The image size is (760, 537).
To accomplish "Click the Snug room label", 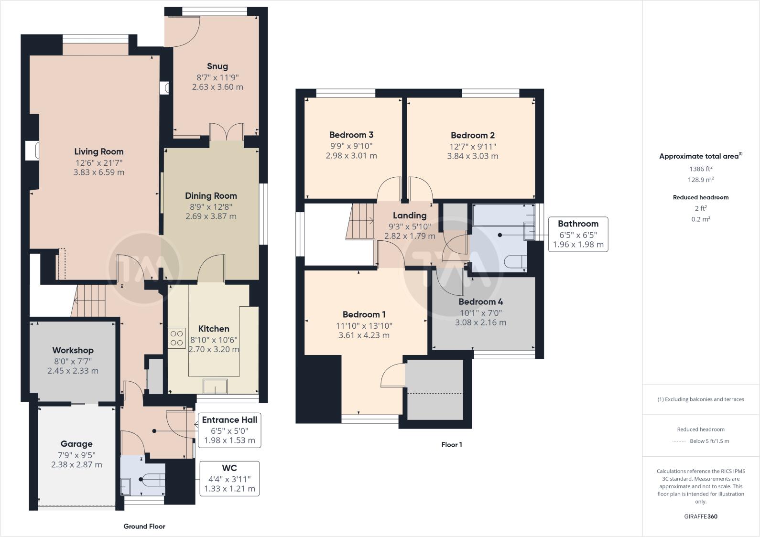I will pyautogui.click(x=217, y=66).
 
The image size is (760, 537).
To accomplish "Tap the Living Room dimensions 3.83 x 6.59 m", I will pyautogui.click(x=99, y=172).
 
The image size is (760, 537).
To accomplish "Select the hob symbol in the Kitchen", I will pyautogui.click(x=176, y=338).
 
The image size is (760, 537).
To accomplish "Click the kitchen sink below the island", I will pyautogui.click(x=215, y=386).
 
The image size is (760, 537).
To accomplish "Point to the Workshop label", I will pyautogui.click(x=73, y=350).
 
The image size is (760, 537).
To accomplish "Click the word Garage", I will pyautogui.click(x=76, y=444).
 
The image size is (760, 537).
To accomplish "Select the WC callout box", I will pyautogui.click(x=229, y=478).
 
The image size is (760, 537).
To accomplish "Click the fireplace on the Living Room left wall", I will pyautogui.click(x=32, y=150).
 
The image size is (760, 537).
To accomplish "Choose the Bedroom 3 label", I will pyautogui.click(x=351, y=135).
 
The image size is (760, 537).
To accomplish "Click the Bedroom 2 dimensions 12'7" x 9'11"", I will pyautogui.click(x=473, y=147).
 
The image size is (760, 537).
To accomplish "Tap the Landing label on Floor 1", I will pyautogui.click(x=410, y=215).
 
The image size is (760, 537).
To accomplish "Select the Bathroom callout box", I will pyautogui.click(x=578, y=234).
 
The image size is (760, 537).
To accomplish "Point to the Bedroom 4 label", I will pyautogui.click(x=480, y=301).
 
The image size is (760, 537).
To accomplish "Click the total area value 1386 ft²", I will pyautogui.click(x=700, y=169).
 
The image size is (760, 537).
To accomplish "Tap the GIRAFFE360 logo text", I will pyautogui.click(x=701, y=516).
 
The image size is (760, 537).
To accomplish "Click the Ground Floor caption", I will pyautogui.click(x=144, y=526).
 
